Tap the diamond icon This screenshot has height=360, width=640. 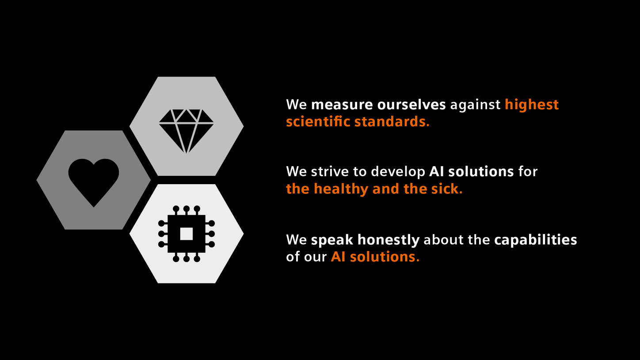[186, 129]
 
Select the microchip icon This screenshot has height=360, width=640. [186, 234]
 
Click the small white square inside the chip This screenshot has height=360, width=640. [187, 234]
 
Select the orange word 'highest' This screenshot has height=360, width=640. [532, 105]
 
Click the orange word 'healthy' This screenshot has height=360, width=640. [341, 189]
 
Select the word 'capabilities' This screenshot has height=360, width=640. [535, 240]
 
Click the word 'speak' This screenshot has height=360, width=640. [332, 240]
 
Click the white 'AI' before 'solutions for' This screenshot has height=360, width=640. [436, 171]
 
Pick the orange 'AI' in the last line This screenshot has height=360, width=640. [338, 257]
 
